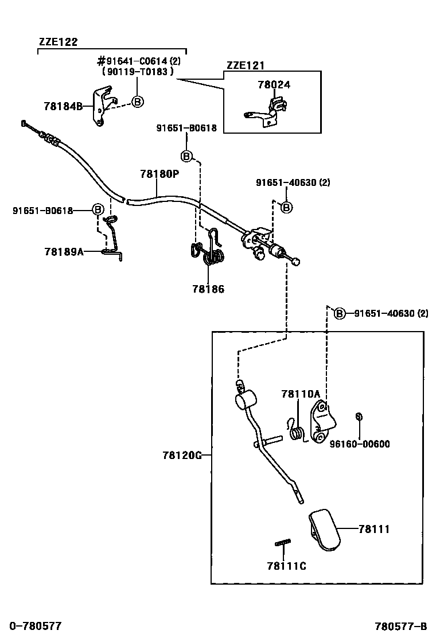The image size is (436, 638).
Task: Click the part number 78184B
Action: pos(63,107)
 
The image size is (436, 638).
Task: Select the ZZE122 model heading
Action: pos(58,41)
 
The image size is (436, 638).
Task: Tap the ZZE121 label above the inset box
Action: pos(246,65)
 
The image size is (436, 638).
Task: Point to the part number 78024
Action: pos(274,85)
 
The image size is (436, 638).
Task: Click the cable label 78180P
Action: pos(160,174)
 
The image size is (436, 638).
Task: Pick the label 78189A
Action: pos(64,252)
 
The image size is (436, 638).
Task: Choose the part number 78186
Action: pos(208,289)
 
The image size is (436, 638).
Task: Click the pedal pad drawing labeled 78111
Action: pos(324,530)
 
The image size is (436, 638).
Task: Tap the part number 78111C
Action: pos(287,566)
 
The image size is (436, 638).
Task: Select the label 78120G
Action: pos(182,456)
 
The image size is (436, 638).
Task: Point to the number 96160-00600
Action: pos(360,444)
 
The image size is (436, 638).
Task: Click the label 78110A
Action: pos(301,394)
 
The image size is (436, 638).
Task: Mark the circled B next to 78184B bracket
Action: pos(138,102)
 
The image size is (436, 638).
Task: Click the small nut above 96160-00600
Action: pos(359,416)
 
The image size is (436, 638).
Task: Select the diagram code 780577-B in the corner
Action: pos(401,626)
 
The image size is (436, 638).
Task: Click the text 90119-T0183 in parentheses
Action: pos(138,72)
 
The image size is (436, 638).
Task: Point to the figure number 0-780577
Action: pos(36,626)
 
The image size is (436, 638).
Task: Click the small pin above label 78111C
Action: pos(283,543)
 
